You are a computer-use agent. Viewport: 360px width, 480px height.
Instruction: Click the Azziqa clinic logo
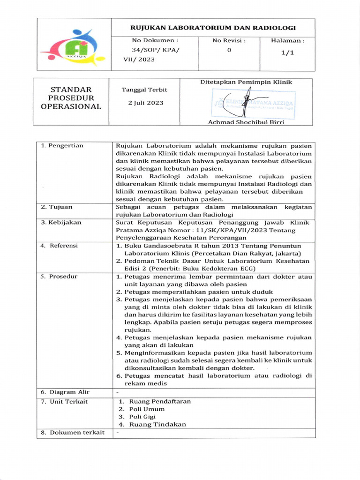(x=73, y=47)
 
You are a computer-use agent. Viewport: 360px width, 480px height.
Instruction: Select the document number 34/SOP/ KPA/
(x=154, y=50)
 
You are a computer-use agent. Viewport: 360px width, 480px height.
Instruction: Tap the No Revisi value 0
(x=229, y=50)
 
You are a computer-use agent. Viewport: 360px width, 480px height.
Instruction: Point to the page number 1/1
(x=287, y=52)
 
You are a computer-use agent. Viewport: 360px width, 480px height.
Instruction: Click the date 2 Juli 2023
(x=146, y=103)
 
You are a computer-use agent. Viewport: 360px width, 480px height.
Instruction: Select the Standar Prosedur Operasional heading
(x=71, y=98)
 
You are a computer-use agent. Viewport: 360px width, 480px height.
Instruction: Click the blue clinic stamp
(x=253, y=104)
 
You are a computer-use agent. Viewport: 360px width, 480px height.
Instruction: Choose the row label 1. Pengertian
(x=62, y=146)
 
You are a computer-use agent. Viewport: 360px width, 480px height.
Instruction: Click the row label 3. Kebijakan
(x=61, y=223)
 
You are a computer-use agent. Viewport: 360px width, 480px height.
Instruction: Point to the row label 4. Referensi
(x=59, y=246)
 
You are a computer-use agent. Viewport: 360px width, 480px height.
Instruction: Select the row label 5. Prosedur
(x=59, y=277)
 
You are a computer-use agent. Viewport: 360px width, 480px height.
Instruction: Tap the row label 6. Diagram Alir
(x=65, y=392)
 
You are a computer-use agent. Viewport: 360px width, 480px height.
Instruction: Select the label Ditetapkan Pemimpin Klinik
(x=246, y=82)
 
